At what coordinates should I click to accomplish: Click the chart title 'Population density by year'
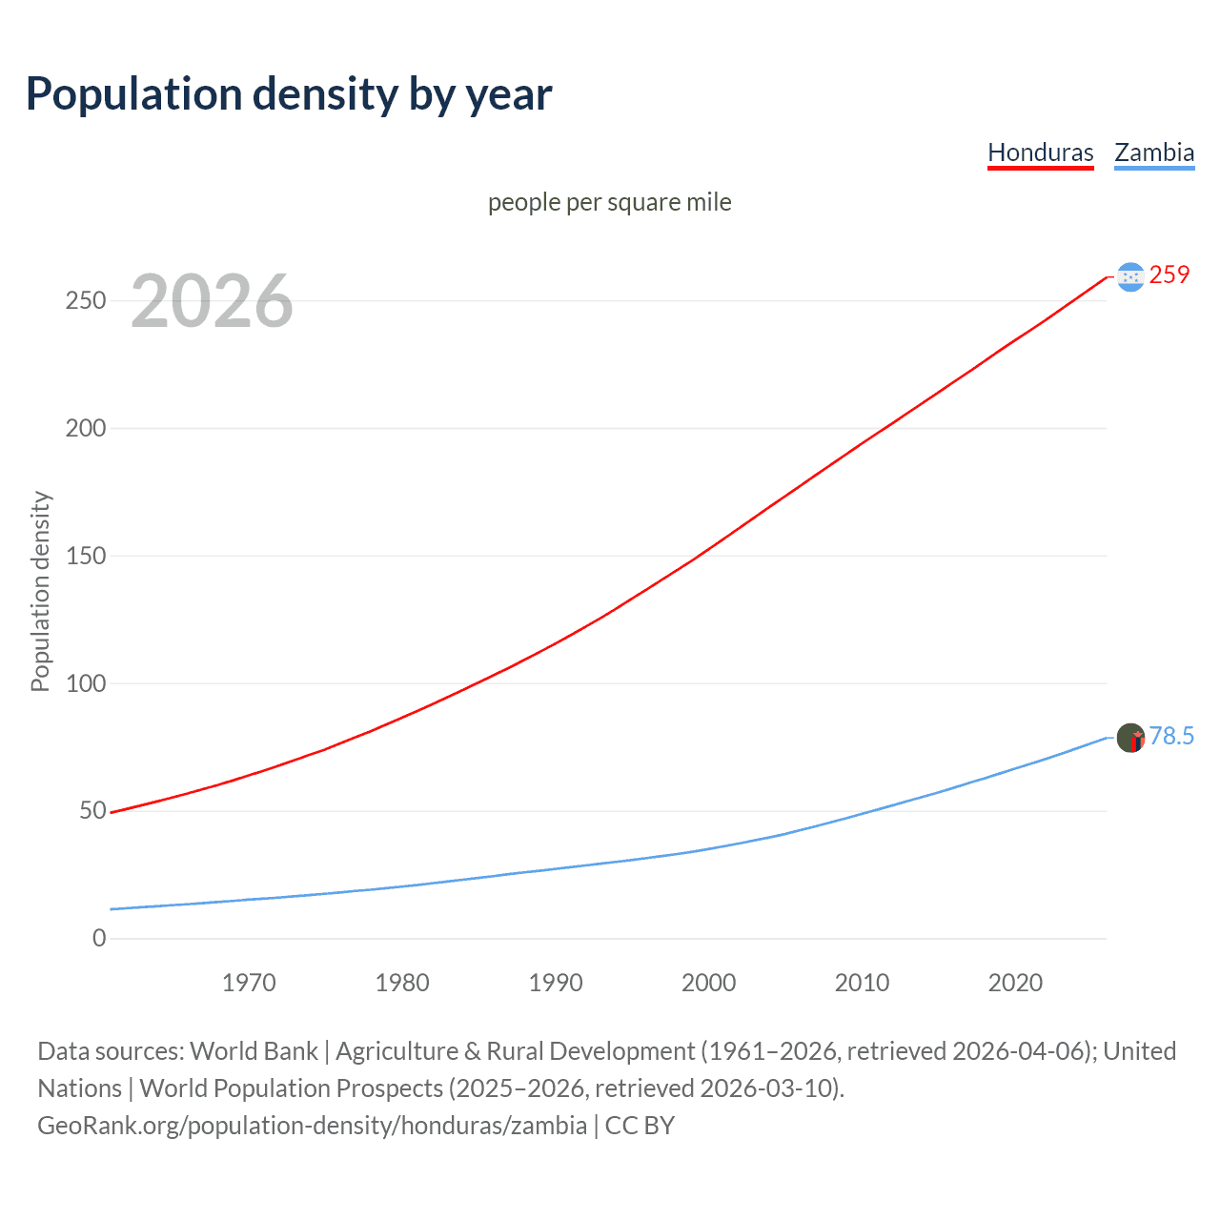pyautogui.click(x=289, y=93)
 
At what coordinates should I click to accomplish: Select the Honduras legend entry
pyautogui.click(x=1040, y=152)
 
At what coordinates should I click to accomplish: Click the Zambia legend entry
pyautogui.click(x=1154, y=152)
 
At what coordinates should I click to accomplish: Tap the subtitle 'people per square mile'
pyautogui.click(x=609, y=202)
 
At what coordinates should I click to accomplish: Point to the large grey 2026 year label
pyautogui.click(x=212, y=301)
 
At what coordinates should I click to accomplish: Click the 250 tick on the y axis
pyautogui.click(x=85, y=300)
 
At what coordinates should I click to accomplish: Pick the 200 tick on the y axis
pyautogui.click(x=85, y=428)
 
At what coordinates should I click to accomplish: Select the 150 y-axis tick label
pyautogui.click(x=85, y=556)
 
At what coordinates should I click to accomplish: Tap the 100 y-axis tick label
pyautogui.click(x=85, y=683)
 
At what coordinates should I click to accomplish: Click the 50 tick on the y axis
pyautogui.click(x=91, y=811)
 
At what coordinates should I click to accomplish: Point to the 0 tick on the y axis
pyautogui.click(x=99, y=938)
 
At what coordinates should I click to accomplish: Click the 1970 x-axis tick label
pyautogui.click(x=249, y=983)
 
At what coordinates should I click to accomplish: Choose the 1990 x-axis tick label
pyautogui.click(x=556, y=983)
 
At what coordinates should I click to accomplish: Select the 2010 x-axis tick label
pyautogui.click(x=862, y=983)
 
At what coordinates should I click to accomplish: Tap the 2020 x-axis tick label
pyautogui.click(x=1015, y=983)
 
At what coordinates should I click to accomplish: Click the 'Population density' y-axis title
pyautogui.click(x=40, y=591)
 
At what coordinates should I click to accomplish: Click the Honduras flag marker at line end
pyautogui.click(x=1130, y=276)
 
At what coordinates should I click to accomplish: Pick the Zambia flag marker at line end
pyautogui.click(x=1130, y=737)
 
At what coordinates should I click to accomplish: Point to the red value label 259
pyautogui.click(x=1169, y=274)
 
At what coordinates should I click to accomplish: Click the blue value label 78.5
pyautogui.click(x=1171, y=736)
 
